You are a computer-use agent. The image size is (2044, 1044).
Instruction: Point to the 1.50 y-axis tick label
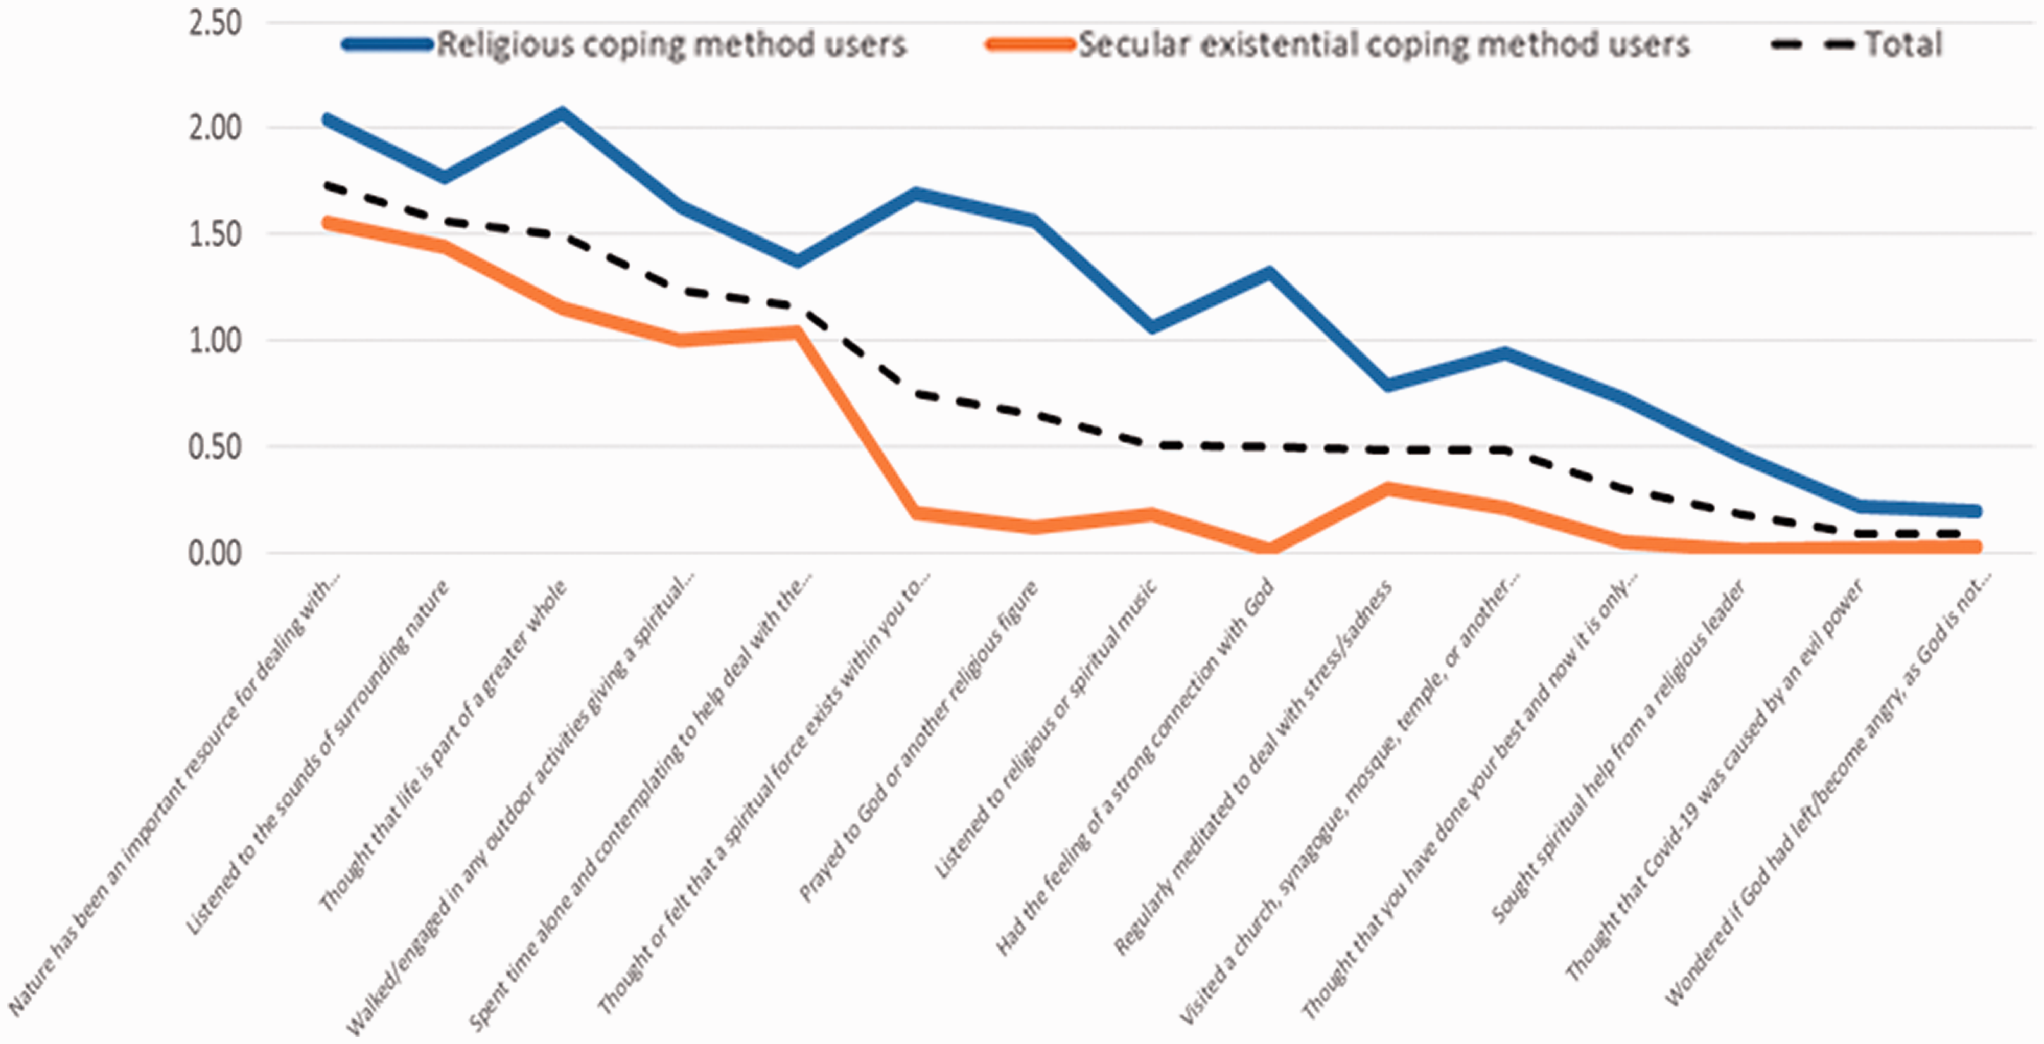214,235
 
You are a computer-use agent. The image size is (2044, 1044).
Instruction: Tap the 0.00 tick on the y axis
214,554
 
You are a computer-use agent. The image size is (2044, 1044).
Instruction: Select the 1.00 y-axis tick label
214,341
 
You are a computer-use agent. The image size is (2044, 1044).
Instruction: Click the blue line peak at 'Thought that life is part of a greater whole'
562,113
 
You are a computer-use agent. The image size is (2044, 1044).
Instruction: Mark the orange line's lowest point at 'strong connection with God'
1269,548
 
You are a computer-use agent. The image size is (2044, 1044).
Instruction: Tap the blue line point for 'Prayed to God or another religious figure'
1033,220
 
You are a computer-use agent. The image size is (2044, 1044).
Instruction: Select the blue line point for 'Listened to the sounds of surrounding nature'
444,177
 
